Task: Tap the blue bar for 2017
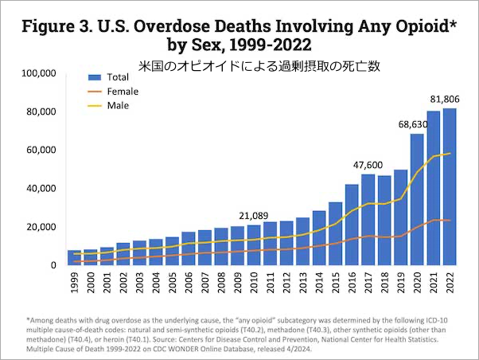368,219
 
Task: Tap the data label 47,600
368,164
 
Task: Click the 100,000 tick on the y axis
37,73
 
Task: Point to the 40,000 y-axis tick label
40,188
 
